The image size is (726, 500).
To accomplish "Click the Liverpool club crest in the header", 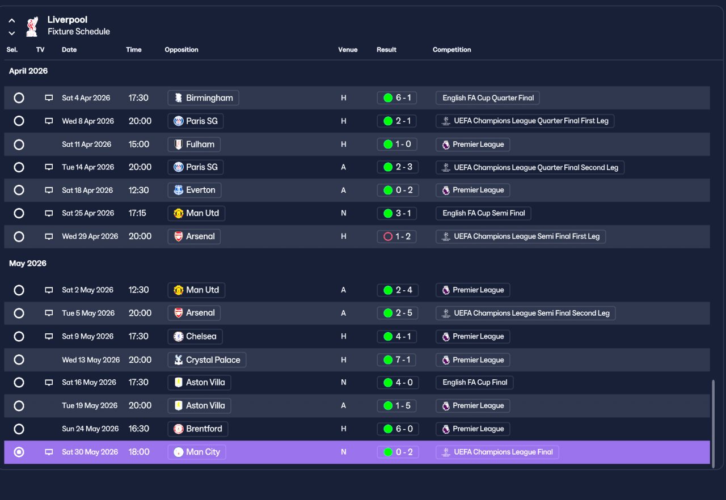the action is point(32,27).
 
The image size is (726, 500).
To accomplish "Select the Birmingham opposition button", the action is point(203,98).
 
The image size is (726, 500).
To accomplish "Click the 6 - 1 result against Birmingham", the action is point(396,98).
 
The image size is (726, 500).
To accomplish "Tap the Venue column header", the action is point(348,49).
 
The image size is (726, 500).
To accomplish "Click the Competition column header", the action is point(452,49).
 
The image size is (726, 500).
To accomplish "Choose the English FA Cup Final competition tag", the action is point(475,383).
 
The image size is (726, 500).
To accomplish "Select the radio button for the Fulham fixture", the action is point(19,145).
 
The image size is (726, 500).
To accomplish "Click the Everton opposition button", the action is point(195,190).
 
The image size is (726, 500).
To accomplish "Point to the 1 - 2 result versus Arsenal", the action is point(396,236).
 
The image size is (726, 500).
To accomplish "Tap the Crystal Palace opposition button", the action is point(207,360).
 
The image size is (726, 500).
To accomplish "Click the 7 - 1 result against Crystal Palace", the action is point(396,360).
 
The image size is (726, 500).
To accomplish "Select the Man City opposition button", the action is point(197,452).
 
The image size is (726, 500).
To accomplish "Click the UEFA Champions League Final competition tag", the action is point(497,452).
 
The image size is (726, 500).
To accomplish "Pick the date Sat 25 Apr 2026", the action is point(88,213).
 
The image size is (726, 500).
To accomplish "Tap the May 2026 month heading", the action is point(28,263).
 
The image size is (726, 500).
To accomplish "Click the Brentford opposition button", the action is point(198,429).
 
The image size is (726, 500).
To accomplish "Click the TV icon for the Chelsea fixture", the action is point(49,337).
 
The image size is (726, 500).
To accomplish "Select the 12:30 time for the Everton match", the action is point(138,190).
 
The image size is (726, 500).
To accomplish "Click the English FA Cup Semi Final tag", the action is point(483,213).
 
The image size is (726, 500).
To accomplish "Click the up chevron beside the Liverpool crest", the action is point(12,21).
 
